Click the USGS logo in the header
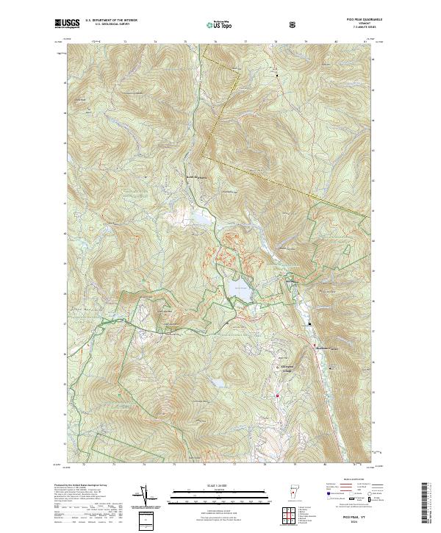click(x=67, y=24)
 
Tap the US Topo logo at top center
click(x=220, y=24)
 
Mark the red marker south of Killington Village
click(x=278, y=396)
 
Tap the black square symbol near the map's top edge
click(x=277, y=75)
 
